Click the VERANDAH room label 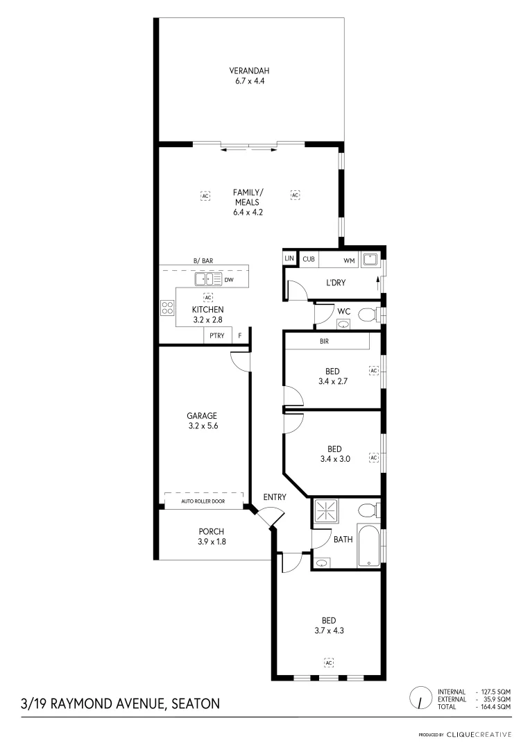pyautogui.click(x=250, y=71)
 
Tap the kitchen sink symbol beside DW pyautogui.click(x=207, y=279)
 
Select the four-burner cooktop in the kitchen pyautogui.click(x=167, y=308)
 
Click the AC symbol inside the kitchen pyautogui.click(x=207, y=297)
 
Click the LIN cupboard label pyautogui.click(x=289, y=260)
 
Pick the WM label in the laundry pyautogui.click(x=349, y=260)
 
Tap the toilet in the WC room pyautogui.click(x=368, y=315)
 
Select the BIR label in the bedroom pyautogui.click(x=324, y=342)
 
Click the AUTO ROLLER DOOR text pyautogui.click(x=203, y=501)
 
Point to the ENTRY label pyautogui.click(x=275, y=497)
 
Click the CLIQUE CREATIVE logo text pyautogui.click(x=479, y=734)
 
